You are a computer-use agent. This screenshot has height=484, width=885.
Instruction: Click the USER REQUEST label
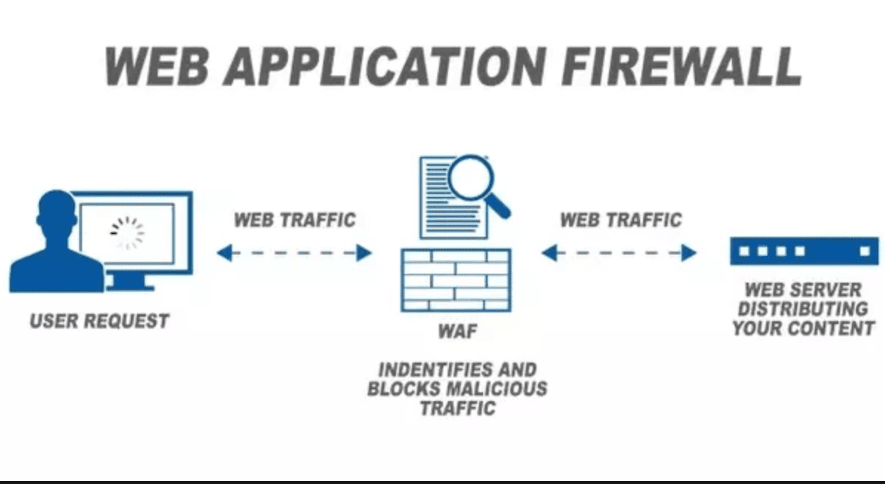[99, 321]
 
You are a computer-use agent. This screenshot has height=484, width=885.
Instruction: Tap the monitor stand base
[129, 284]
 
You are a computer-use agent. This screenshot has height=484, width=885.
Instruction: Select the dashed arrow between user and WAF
[294, 254]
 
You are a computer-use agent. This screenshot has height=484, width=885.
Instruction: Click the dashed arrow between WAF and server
[619, 254]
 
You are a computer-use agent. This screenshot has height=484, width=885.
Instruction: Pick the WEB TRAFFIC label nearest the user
[295, 220]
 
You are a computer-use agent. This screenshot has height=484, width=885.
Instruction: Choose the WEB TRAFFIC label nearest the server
[620, 220]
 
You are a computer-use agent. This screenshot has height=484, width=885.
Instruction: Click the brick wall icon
[456, 280]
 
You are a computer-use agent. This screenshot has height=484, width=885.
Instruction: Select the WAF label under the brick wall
[457, 331]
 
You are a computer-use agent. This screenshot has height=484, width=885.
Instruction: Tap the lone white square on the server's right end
[864, 251]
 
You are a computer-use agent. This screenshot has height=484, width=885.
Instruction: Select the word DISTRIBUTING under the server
[803, 309]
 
